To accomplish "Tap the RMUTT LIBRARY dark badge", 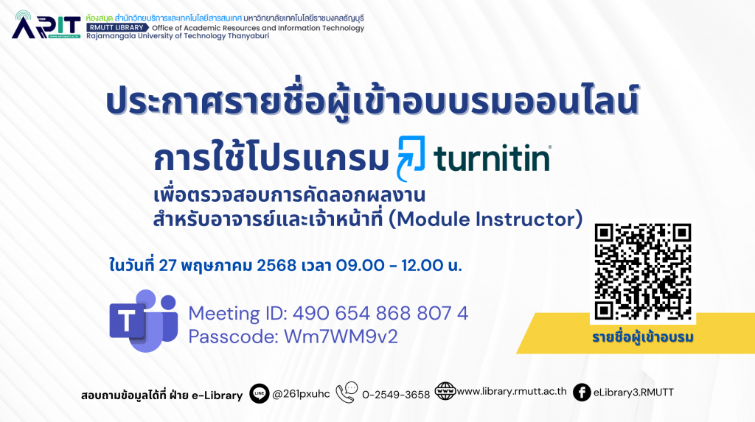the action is click(x=117, y=28).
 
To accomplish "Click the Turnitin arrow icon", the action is click(x=411, y=158).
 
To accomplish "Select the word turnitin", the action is click(x=492, y=158).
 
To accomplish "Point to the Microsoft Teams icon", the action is click(x=144, y=320).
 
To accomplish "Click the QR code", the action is click(x=643, y=272).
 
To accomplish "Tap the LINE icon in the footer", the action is click(x=259, y=393).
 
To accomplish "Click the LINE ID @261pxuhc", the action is click(x=301, y=394).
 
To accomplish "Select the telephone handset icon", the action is click(x=347, y=393).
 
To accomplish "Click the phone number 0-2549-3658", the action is click(x=396, y=395).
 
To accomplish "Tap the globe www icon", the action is click(x=445, y=391).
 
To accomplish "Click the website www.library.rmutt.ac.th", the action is click(x=512, y=391).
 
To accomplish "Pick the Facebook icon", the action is click(x=582, y=393).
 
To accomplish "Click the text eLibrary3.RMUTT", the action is click(x=633, y=393).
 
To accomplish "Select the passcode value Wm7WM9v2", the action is click(x=341, y=337).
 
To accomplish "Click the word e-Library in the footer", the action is click(x=218, y=395).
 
